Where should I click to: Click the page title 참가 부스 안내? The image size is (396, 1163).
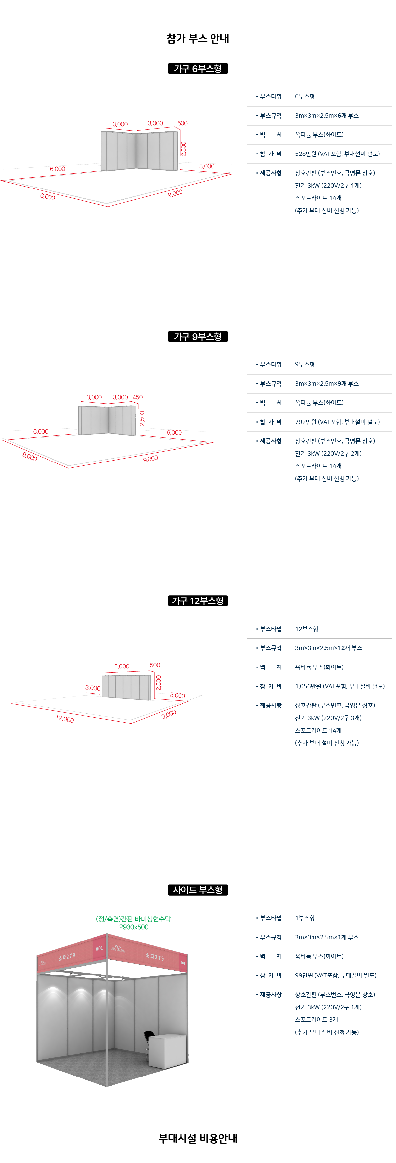coord(198,38)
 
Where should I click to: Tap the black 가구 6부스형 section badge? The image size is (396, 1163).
coord(198,68)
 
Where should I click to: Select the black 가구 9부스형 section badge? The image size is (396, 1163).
coord(198,336)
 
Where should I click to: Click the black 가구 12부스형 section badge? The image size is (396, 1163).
coord(198,600)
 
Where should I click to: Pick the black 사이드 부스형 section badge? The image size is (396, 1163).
coord(198,890)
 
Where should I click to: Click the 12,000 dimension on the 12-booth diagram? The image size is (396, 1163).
coord(65,719)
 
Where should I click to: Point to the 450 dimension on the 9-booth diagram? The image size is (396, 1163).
coord(137,397)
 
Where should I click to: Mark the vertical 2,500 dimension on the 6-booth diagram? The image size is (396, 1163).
coord(183,149)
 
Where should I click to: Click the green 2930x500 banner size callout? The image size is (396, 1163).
coord(134,927)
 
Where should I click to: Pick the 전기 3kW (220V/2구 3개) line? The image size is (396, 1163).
coord(328,718)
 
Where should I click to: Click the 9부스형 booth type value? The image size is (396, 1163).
coord(305,364)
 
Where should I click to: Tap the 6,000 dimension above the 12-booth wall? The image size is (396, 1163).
coord(121,667)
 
